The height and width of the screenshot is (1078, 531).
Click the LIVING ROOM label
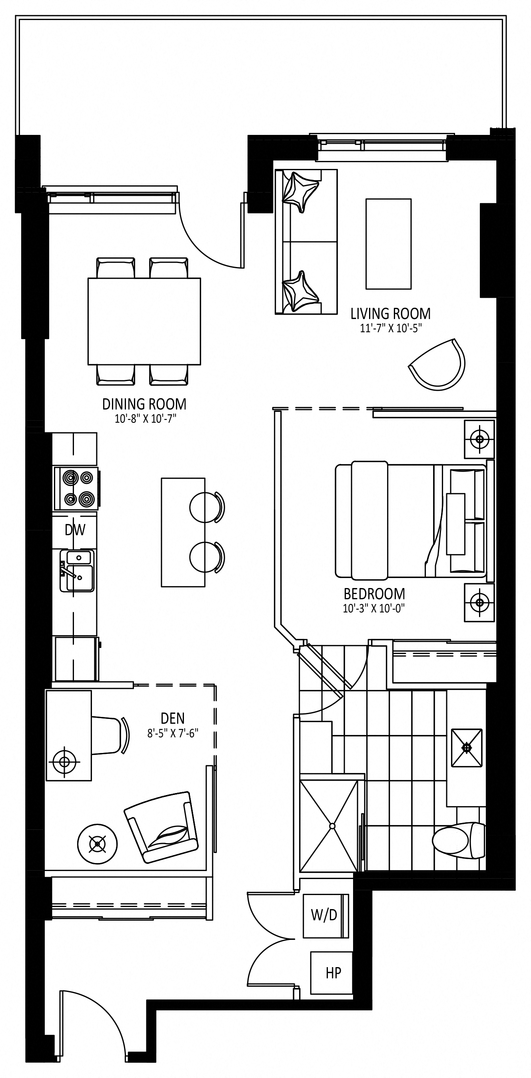[x=390, y=313]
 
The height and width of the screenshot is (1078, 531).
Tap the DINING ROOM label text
[x=144, y=404]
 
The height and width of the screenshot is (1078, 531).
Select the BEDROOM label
[x=374, y=594]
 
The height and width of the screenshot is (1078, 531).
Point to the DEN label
[x=173, y=719]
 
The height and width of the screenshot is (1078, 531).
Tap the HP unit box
[x=331, y=973]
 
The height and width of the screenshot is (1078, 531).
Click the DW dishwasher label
[x=75, y=530]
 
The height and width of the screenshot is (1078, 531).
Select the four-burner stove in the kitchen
[x=76, y=488]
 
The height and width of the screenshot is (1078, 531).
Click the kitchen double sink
[x=77, y=571]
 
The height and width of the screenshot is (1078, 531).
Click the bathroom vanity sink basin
[x=467, y=748]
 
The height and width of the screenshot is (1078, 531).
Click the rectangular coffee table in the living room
[x=388, y=243]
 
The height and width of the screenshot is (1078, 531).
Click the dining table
[x=144, y=321]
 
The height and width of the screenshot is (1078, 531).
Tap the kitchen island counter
[x=183, y=532]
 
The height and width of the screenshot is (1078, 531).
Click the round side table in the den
[x=98, y=844]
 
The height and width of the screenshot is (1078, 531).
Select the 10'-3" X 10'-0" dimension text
[x=374, y=608]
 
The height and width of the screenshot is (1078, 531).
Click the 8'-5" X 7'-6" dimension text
[x=173, y=733]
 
